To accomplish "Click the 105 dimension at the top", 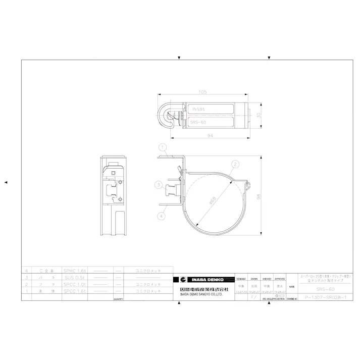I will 202,92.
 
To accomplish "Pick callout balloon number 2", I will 235,164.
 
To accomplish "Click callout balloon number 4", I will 161,216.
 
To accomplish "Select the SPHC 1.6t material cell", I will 74,271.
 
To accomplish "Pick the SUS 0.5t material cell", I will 74,278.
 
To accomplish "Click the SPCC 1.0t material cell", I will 74,284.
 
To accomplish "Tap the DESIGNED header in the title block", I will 241,279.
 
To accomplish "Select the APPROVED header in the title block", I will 280,279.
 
